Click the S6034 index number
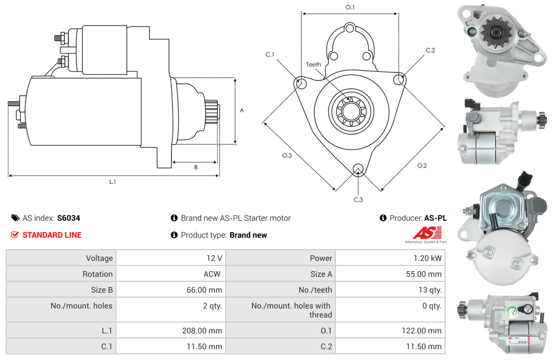[69, 218]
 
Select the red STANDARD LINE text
[52, 235]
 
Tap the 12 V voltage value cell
[214, 258]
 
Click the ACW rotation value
[213, 274]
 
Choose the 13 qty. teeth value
[428, 290]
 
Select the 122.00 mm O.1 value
[423, 331]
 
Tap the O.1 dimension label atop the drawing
[350, 7]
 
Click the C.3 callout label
[358, 199]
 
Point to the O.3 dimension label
[287, 156]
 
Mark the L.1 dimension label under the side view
[113, 182]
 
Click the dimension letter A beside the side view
[241, 111]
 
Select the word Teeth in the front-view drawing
[313, 65]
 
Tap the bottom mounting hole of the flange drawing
[357, 169]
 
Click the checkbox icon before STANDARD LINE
[15, 235]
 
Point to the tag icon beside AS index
[15, 218]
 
